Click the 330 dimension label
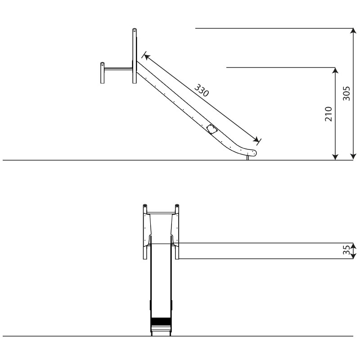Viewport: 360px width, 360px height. (x=202, y=90)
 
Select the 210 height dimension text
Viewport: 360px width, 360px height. (x=328, y=114)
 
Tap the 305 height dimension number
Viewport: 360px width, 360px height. (x=346, y=94)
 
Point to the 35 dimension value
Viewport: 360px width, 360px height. (x=346, y=250)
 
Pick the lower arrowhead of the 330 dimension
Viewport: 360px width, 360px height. (x=256, y=139)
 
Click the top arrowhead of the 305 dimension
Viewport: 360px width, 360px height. (x=353, y=31)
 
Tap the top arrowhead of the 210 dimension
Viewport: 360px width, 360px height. (x=335, y=71)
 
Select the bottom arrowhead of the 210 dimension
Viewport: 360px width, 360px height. (x=335, y=157)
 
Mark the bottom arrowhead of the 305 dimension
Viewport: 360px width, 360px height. (x=353, y=157)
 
